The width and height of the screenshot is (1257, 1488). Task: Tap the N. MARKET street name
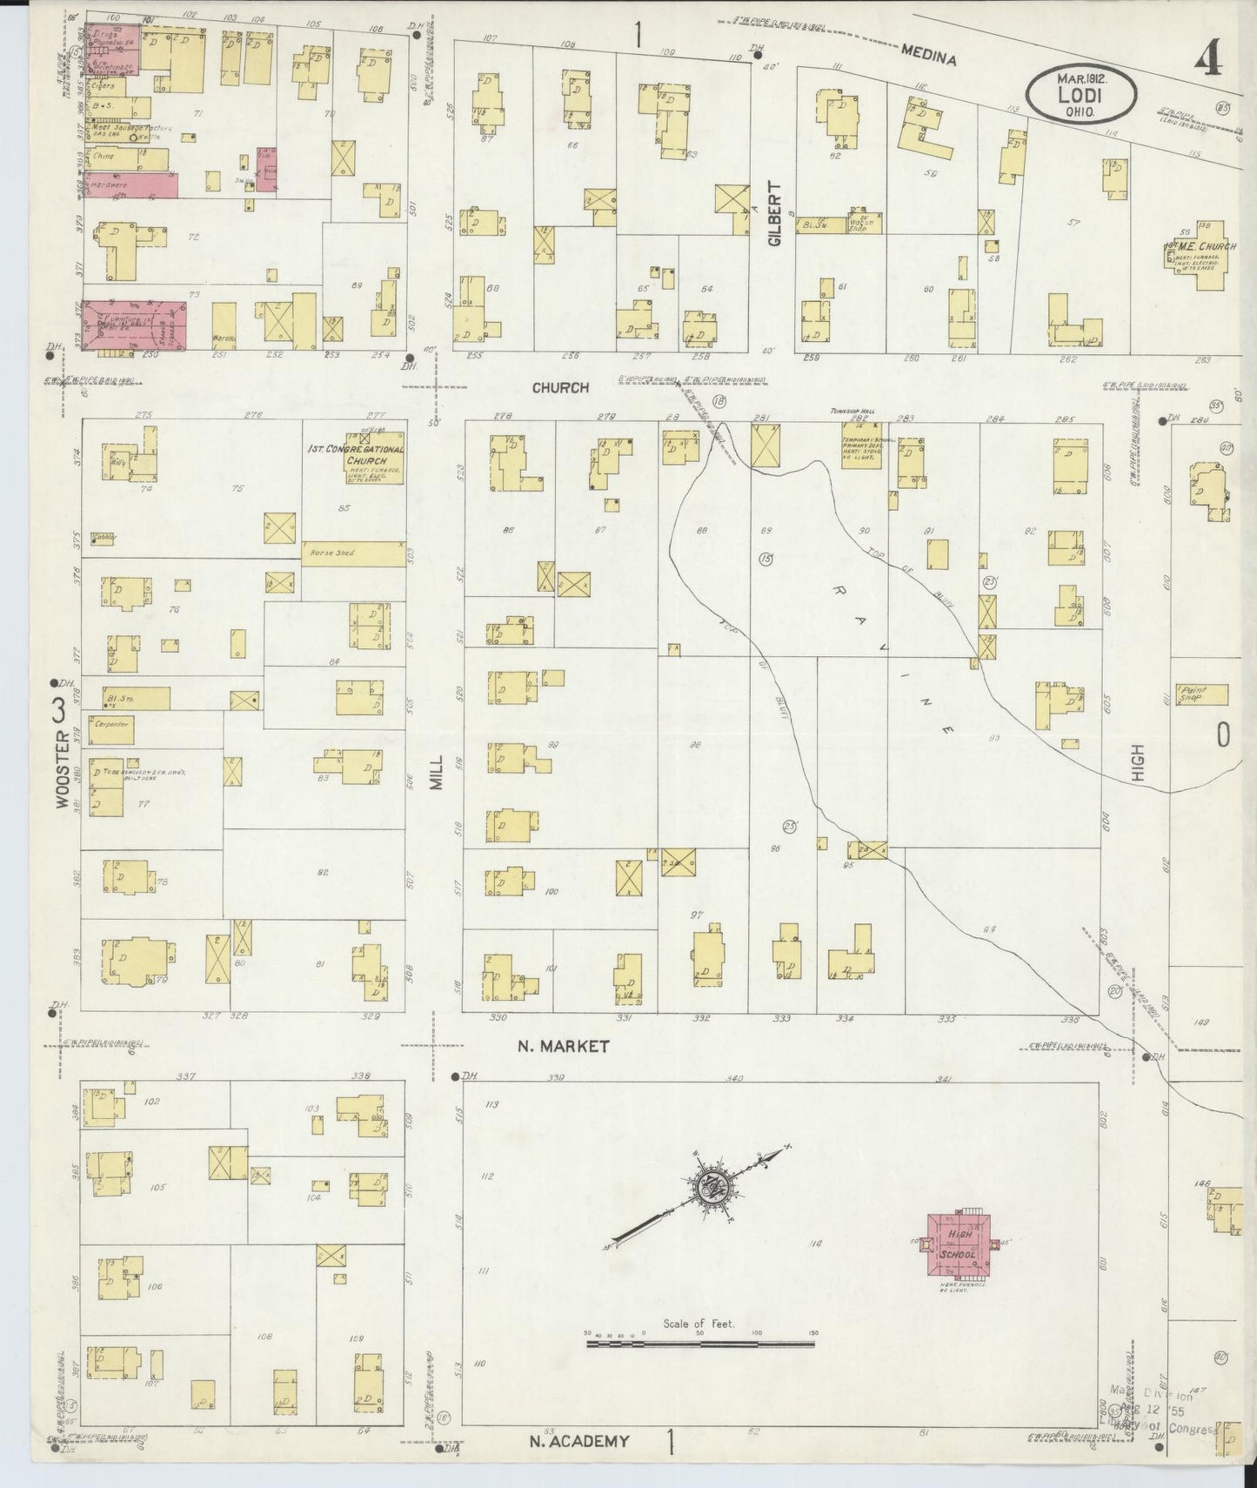[564, 1047]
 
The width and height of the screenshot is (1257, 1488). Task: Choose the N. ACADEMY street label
[578, 1442]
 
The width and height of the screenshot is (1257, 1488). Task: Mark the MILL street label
[437, 772]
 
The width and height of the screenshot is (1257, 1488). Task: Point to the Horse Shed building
[353, 553]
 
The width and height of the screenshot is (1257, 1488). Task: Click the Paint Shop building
[1200, 694]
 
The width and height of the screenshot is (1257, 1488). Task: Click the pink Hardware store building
[130, 185]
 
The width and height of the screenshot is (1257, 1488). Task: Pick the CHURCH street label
[560, 388]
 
